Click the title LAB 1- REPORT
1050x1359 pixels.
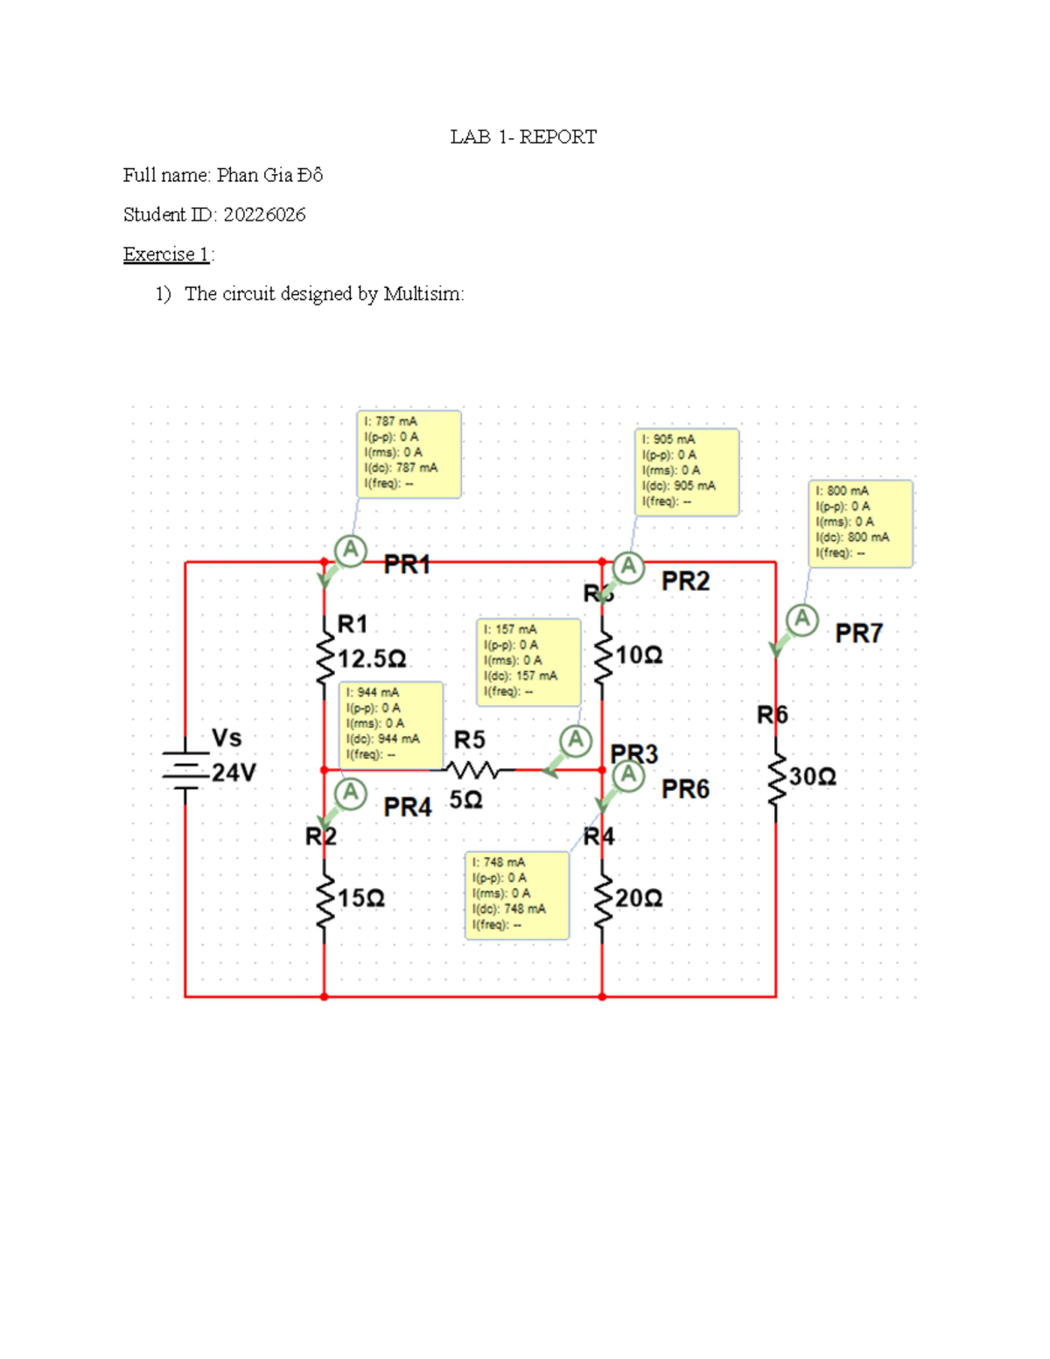point(523,137)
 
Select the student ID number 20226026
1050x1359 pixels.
point(264,215)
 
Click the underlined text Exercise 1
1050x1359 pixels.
point(166,255)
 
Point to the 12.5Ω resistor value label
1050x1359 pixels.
point(372,658)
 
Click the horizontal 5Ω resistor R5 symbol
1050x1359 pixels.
point(472,770)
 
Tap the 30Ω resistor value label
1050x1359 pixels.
point(813,777)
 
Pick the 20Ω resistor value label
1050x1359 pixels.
point(639,899)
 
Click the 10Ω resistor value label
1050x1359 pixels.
point(639,655)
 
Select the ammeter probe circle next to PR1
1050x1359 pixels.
point(350,550)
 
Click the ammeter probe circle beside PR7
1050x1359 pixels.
point(801,620)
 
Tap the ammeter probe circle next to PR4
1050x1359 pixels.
point(350,793)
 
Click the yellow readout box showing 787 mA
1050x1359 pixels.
point(409,454)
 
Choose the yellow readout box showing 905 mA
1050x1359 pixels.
point(686,472)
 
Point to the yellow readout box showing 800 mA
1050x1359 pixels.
point(860,523)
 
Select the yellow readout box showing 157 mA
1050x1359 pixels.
point(528,662)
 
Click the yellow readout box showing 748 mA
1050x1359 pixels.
point(516,895)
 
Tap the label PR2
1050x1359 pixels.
point(685,582)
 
